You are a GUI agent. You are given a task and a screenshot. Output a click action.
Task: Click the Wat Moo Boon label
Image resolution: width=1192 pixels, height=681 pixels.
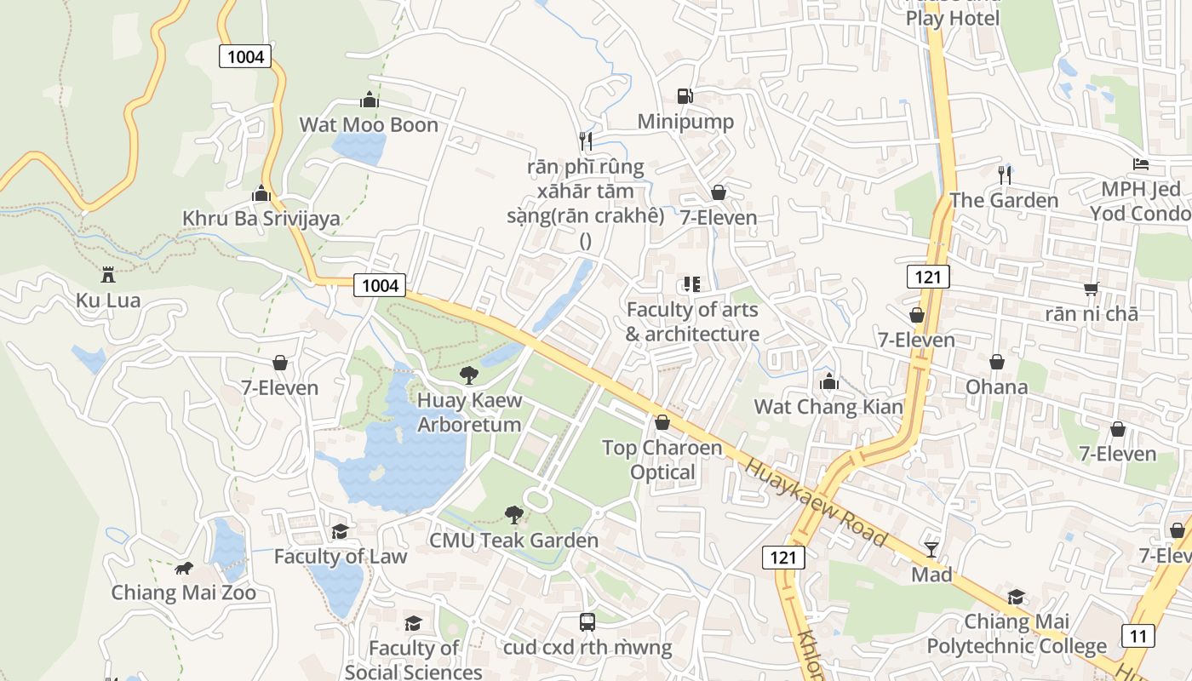(369, 125)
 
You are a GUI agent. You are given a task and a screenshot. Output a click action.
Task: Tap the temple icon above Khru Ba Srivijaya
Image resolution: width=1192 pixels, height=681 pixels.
(261, 193)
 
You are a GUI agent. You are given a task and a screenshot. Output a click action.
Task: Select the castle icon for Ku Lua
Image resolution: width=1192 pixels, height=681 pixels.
(107, 275)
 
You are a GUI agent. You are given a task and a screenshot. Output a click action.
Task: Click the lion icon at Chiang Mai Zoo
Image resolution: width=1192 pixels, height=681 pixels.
(183, 568)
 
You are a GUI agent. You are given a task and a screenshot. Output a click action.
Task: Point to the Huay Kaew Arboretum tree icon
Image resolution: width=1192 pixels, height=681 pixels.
(468, 375)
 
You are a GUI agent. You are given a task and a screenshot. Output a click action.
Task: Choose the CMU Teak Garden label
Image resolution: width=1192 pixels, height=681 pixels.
(513, 541)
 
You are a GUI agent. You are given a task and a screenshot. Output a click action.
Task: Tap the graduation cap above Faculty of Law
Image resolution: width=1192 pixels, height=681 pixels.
(340, 531)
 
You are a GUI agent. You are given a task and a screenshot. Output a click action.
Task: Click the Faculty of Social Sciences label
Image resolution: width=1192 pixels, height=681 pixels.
(414, 660)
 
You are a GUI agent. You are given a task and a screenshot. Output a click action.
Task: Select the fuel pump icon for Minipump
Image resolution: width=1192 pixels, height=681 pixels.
(685, 96)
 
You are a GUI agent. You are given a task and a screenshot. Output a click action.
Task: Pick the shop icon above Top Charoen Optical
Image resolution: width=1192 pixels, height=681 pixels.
(662, 422)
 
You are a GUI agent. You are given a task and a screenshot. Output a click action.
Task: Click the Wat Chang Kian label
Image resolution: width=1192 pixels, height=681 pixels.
(828, 407)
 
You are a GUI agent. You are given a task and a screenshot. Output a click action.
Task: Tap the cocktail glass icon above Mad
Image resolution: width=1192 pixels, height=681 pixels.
(931, 549)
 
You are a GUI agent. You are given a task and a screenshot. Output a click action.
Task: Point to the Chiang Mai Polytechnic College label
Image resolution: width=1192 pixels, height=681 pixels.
(1017, 634)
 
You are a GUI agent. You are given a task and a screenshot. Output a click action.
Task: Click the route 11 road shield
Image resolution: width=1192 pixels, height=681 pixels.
(1138, 635)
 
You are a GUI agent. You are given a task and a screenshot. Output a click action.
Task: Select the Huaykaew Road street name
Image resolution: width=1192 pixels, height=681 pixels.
(816, 502)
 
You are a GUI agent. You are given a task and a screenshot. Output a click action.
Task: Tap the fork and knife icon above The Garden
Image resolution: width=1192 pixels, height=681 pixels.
(1005, 175)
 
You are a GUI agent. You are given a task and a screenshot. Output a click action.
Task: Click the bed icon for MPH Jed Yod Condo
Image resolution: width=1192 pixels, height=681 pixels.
(1141, 164)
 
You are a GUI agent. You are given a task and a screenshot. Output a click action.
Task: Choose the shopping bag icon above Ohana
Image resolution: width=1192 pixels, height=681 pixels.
(996, 362)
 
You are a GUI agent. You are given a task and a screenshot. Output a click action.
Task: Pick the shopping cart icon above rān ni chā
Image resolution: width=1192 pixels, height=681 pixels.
(1092, 289)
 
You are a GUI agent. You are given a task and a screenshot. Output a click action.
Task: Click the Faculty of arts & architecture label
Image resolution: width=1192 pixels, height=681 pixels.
(692, 322)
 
